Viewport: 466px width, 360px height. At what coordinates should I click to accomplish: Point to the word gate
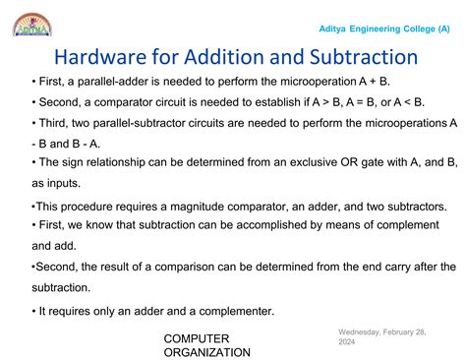[x=369, y=162]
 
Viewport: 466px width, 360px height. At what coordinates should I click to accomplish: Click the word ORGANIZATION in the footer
[x=206, y=352]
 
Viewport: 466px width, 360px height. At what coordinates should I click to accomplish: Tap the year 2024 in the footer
[x=347, y=344]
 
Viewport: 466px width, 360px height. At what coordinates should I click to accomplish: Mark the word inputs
[x=58, y=182]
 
